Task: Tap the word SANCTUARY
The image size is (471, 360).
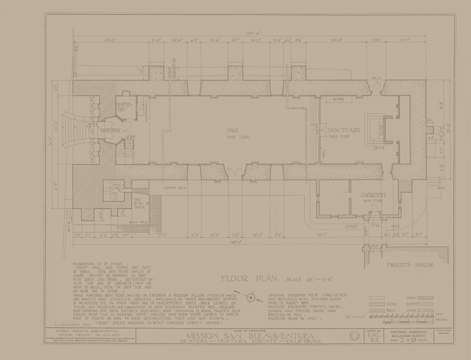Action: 344,130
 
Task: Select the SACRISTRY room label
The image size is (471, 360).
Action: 373,195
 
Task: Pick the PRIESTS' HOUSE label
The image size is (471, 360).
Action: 410,265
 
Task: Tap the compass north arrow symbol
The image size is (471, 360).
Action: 251,297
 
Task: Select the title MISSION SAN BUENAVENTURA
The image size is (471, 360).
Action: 250,336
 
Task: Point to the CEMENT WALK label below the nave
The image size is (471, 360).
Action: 175,188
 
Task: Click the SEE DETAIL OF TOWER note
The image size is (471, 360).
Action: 140,204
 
